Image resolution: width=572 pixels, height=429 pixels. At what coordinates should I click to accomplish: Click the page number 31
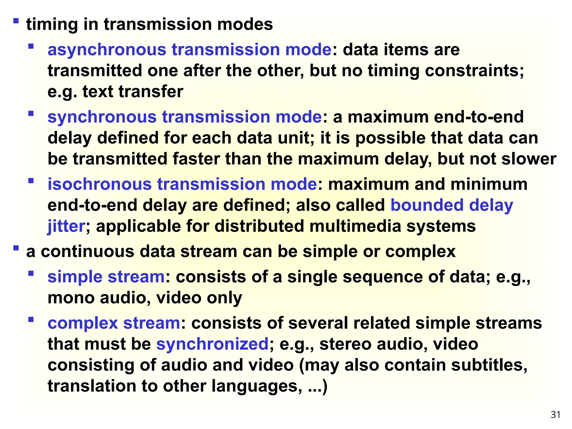tap(556, 415)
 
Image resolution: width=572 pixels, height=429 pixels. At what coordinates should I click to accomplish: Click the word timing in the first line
tap(52, 24)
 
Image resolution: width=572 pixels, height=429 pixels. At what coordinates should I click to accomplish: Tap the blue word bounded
tap(427, 205)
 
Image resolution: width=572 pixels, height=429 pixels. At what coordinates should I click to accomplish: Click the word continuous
tap(88, 251)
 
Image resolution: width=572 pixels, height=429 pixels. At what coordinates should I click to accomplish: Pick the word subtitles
tap(489, 365)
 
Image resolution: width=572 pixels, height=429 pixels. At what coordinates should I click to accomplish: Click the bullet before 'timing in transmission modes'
tap(16, 21)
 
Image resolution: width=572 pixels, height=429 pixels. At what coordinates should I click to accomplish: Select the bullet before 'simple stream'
tap(31, 273)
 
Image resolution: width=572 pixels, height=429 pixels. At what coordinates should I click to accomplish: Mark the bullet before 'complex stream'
tap(31, 319)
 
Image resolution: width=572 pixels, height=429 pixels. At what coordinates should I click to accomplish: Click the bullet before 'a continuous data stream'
tap(16, 248)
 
